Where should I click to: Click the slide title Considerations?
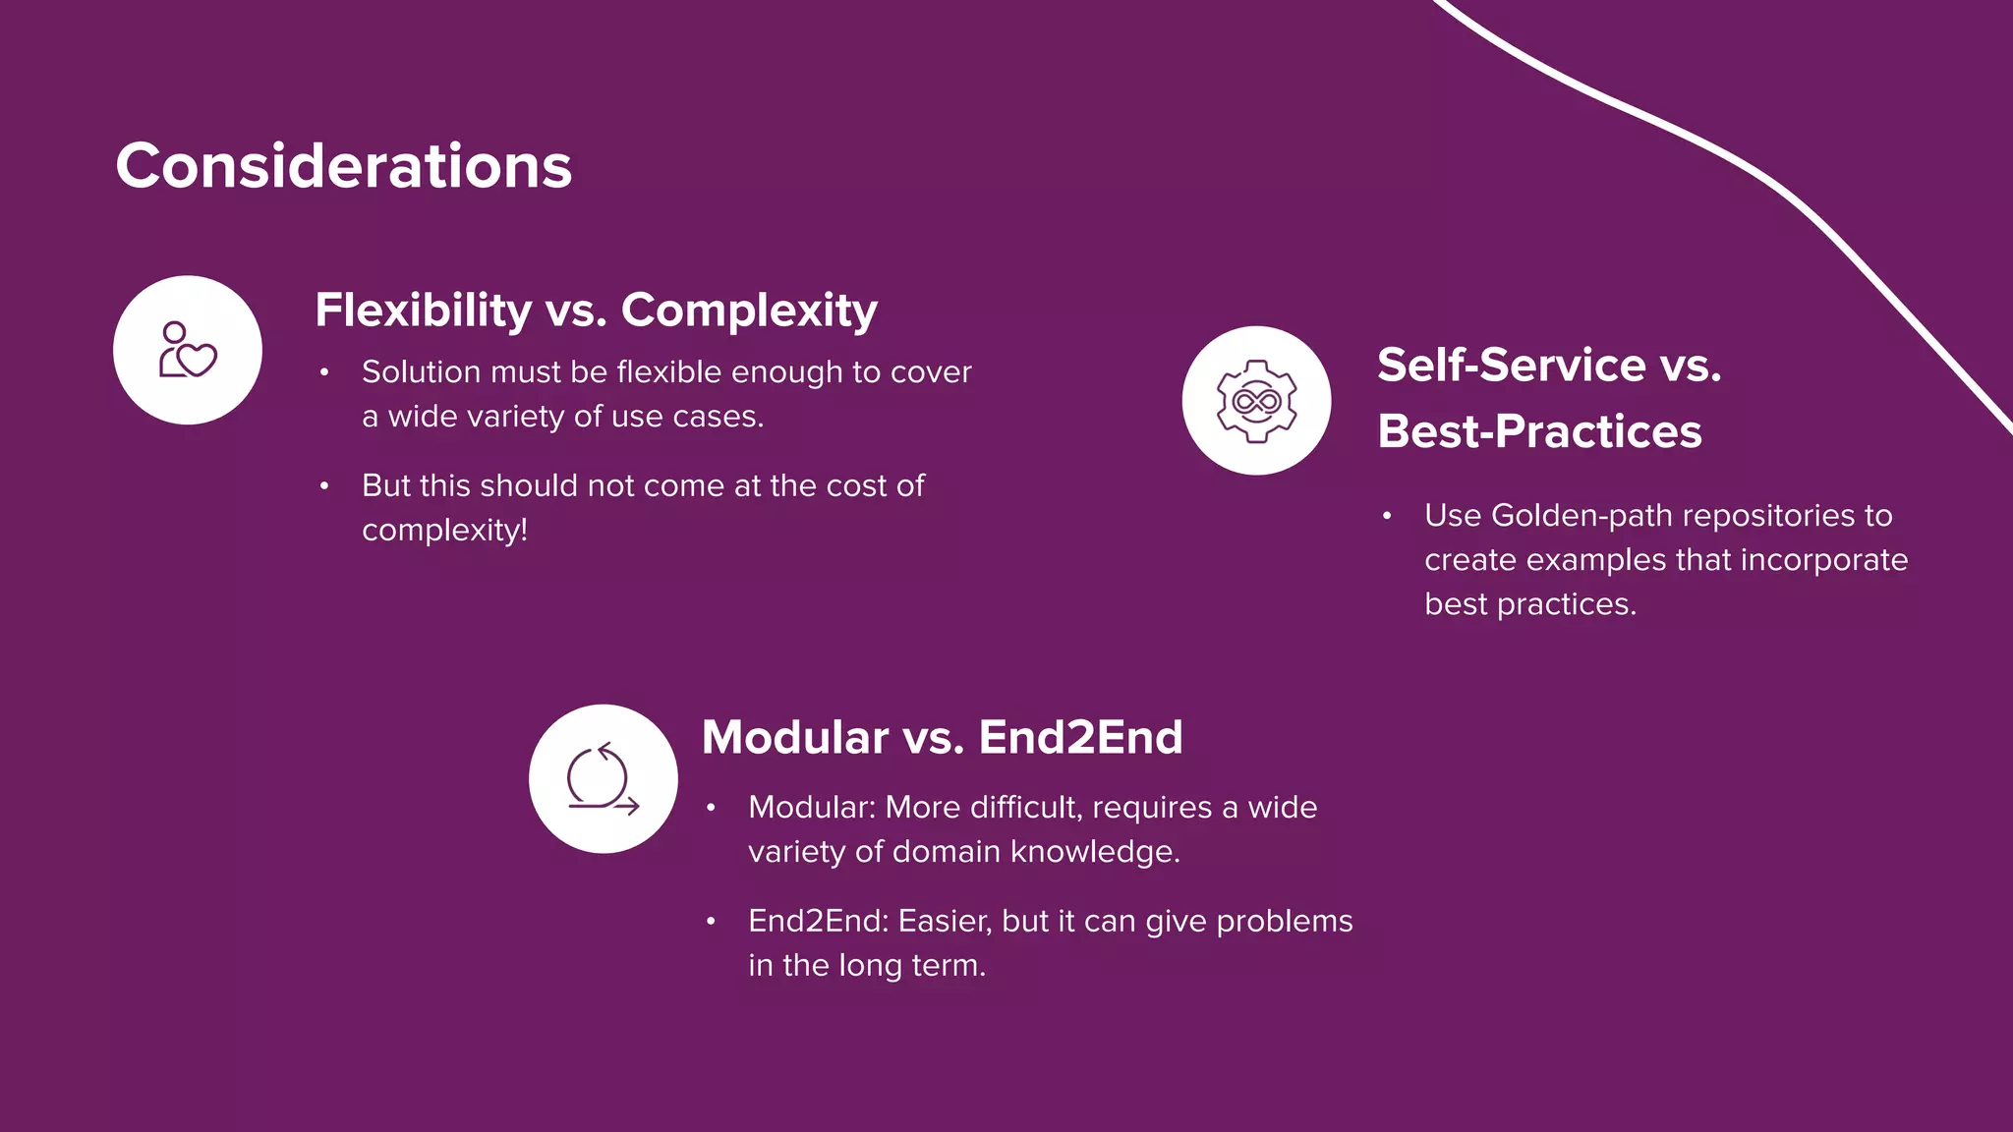(343, 165)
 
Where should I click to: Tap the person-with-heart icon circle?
(188, 351)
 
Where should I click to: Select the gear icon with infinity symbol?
(1256, 401)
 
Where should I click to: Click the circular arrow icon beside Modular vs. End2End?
(603, 779)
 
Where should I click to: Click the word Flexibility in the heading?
(423, 311)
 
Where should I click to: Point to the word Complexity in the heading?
(749, 311)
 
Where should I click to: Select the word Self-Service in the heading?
(1511, 366)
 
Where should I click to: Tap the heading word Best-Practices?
(1539, 431)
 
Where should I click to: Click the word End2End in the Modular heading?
(1080, 737)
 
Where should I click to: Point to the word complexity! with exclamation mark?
(444, 531)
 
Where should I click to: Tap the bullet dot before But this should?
(323, 485)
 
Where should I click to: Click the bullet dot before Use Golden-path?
(1386, 515)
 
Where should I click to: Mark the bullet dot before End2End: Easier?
(711, 921)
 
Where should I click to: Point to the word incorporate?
(1823, 560)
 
